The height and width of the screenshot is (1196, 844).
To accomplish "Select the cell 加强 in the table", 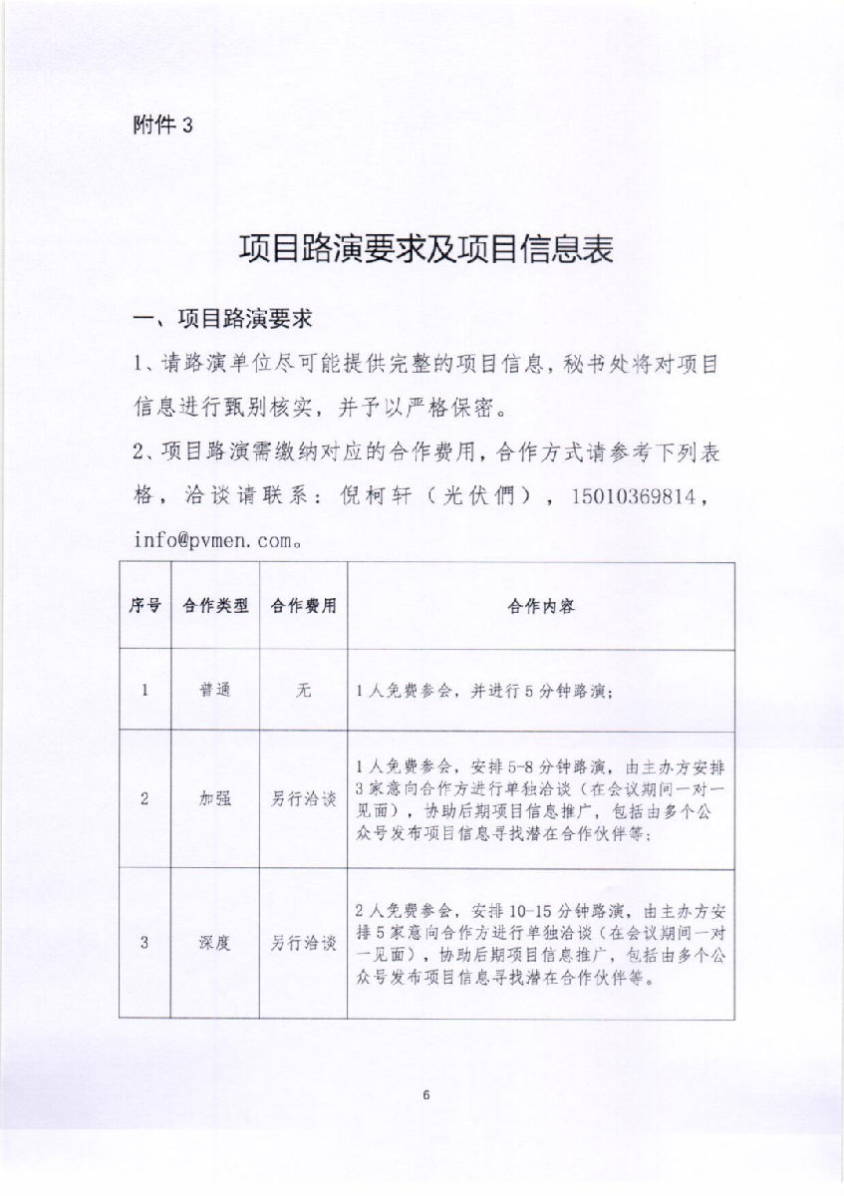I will [x=215, y=799].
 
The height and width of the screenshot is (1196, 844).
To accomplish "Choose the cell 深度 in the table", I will [x=215, y=943].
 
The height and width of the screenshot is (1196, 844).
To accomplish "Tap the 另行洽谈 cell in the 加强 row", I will [x=303, y=799].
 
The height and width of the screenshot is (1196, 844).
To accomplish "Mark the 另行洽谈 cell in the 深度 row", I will [x=303, y=943].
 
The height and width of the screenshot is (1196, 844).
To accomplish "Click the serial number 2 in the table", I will [x=145, y=799].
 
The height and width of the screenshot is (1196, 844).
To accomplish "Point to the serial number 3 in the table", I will [x=145, y=943].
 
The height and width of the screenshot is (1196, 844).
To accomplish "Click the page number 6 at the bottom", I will [x=425, y=1096].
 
